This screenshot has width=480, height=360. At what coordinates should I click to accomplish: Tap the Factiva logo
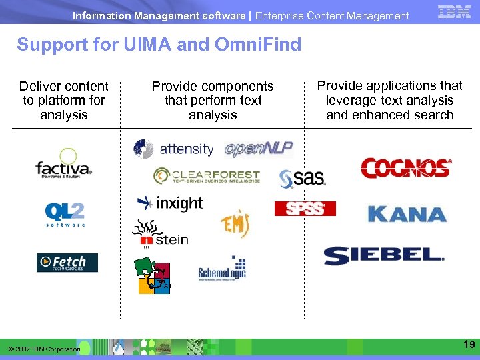coord(64,164)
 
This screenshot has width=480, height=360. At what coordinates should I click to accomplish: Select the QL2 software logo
coord(65,214)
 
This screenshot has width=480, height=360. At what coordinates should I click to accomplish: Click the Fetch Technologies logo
coord(67,263)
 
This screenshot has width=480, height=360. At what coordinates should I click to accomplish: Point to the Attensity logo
coord(173,149)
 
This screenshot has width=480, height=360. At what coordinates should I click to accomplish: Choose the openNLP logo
coord(259,148)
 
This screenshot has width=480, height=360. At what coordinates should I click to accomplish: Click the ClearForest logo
coord(206,175)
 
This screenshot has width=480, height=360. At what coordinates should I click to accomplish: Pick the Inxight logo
coord(169,202)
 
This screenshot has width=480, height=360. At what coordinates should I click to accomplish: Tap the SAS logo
coord(302,177)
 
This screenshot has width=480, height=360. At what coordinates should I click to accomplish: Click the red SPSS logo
coord(305,209)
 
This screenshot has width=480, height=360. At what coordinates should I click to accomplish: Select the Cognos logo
coord(406,168)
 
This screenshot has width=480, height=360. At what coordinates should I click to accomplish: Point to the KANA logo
coord(407,214)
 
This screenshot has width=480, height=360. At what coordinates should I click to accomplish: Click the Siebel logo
coord(384,255)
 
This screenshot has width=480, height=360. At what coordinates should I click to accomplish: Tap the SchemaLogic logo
coord(222,269)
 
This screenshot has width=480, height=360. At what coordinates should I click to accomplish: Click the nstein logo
coord(161,235)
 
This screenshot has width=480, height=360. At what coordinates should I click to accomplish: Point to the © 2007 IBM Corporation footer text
coord(44,349)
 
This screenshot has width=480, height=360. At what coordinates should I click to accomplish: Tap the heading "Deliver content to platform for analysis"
coord(64,100)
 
